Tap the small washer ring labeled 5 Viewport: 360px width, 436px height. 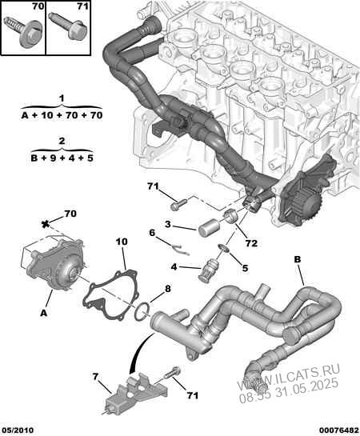(x=224, y=248)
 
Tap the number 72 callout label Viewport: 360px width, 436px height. (x=251, y=243)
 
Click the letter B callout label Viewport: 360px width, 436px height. (x=297, y=259)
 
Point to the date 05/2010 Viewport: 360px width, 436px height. (x=17, y=430)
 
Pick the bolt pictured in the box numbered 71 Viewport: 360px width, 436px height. (x=68, y=28)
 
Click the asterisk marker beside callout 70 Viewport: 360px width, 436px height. (x=45, y=224)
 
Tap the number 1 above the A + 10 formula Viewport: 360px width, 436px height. (x=62, y=98)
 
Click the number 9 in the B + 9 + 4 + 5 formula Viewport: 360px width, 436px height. (x=53, y=158)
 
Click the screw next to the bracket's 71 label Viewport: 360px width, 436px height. (x=172, y=374)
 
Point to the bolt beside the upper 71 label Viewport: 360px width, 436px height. (x=178, y=206)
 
